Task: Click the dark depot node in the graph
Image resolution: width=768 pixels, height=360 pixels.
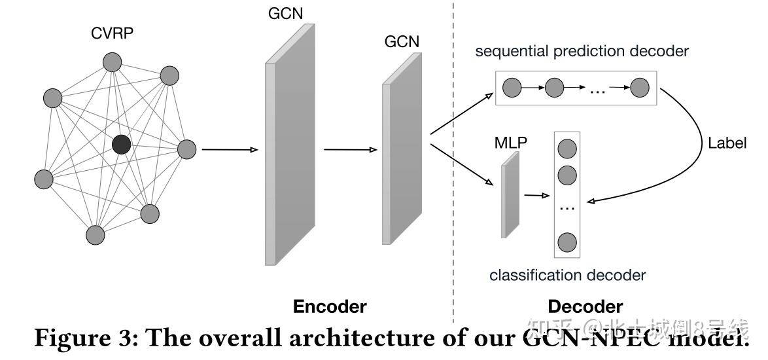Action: [x=121, y=144]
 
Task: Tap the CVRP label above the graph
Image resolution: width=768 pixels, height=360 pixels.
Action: [x=112, y=33]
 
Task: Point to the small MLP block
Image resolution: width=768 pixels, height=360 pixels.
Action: [x=510, y=194]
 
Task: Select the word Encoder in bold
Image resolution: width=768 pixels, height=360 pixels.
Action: [x=330, y=306]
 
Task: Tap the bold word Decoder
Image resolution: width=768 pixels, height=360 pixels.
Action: [x=585, y=306]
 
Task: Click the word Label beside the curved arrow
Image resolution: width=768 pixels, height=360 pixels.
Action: [x=726, y=143]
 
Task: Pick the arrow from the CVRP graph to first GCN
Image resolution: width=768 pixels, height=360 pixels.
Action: [x=230, y=150]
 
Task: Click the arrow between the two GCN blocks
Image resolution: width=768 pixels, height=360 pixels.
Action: [x=350, y=150]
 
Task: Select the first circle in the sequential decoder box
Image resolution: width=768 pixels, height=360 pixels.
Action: [x=512, y=87]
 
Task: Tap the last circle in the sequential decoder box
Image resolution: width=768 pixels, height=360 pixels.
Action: [x=639, y=87]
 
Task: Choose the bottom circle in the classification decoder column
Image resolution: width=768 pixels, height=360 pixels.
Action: [x=567, y=242]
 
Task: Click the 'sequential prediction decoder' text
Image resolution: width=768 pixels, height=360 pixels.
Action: [x=582, y=51]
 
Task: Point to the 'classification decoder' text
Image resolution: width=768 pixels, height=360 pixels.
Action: [x=567, y=275]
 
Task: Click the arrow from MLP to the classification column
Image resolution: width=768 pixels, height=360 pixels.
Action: [x=536, y=194]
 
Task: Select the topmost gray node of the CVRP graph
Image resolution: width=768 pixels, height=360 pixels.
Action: [x=113, y=62]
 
